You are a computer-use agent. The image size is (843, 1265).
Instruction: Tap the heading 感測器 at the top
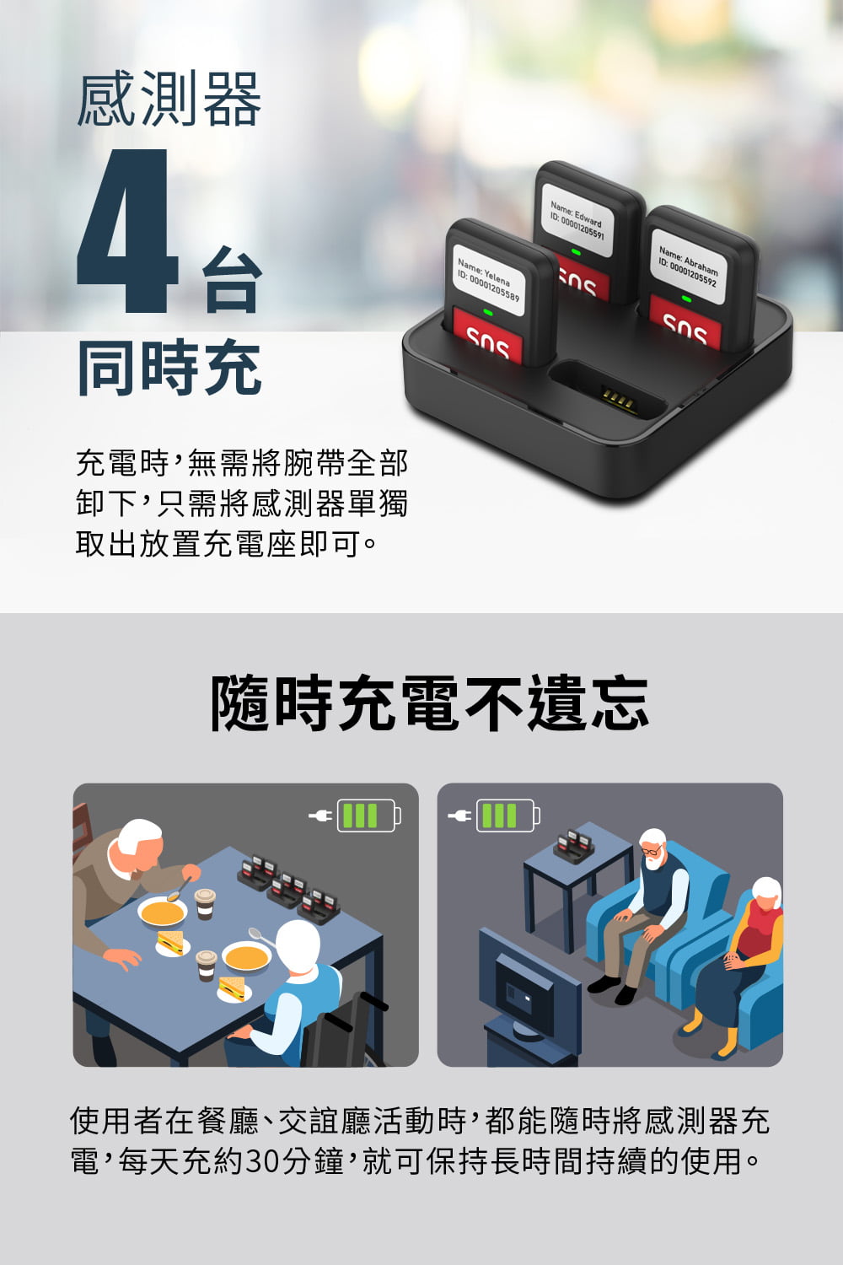(169, 99)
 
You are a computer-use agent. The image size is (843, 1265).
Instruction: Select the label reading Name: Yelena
(484, 272)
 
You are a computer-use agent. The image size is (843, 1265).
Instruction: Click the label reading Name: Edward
(576, 213)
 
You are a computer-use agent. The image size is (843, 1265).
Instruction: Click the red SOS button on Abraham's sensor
(685, 327)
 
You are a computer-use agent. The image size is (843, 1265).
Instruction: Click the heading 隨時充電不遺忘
(430, 702)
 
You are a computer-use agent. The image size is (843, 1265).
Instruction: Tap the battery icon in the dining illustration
(369, 816)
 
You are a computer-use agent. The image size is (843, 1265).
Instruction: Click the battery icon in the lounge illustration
(508, 816)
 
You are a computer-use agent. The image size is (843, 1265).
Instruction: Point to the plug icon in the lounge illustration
(459, 816)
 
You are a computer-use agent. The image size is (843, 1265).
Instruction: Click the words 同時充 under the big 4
(169, 368)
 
